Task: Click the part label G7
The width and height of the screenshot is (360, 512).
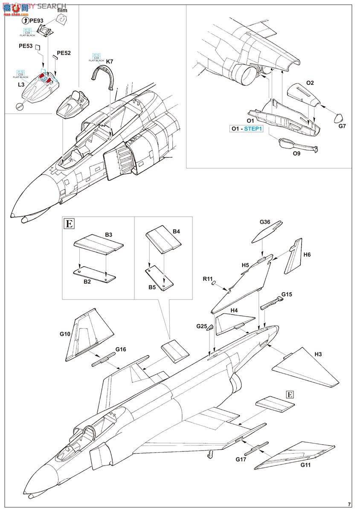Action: pos(342,126)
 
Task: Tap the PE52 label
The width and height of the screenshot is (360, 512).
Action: pos(64,53)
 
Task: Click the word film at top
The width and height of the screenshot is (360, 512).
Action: pos(62,11)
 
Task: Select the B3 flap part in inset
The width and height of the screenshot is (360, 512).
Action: pos(99,246)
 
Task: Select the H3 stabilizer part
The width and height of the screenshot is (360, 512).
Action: pos(306,368)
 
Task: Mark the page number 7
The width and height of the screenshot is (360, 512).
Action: pos(349,504)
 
